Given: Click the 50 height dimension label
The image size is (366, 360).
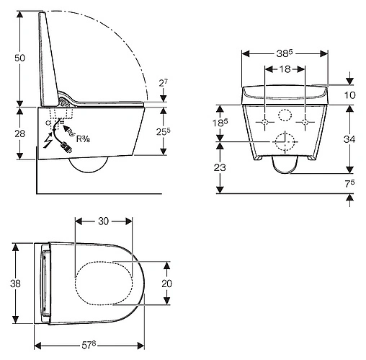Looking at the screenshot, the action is [x=19, y=58].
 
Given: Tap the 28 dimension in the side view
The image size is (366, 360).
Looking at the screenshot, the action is [x=19, y=133].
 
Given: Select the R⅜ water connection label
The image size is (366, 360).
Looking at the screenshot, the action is [x=83, y=139].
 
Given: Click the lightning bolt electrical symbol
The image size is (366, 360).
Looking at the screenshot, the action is [x=48, y=141].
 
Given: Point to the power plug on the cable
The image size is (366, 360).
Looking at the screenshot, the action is [x=67, y=147].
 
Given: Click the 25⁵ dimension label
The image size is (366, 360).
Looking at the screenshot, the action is [x=164, y=131].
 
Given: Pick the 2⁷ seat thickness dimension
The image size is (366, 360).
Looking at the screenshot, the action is [x=164, y=83].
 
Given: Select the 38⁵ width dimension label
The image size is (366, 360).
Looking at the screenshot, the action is [x=285, y=53].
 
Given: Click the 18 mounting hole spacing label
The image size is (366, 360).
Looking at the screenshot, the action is [x=285, y=69].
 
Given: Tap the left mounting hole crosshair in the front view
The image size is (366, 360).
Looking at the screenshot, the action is [x=265, y=122].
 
